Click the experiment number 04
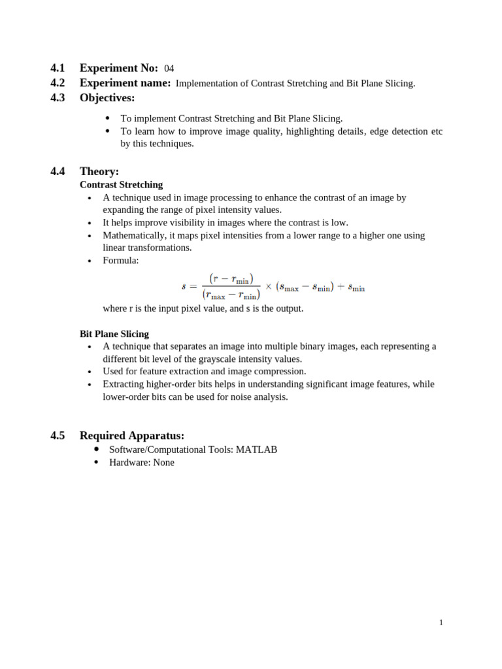169,69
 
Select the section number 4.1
58,68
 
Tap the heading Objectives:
107,98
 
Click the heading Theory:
99,172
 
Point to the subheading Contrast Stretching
121,185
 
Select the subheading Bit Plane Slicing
114,334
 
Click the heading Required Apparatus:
132,436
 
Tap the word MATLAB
256,449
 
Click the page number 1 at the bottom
441,623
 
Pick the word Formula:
121,260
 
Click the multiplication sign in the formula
268,286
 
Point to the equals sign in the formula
194,286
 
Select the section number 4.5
58,436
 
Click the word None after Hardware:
163,462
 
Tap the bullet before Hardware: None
97,462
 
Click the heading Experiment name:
125,83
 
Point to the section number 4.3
58,98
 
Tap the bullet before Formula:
89,261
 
